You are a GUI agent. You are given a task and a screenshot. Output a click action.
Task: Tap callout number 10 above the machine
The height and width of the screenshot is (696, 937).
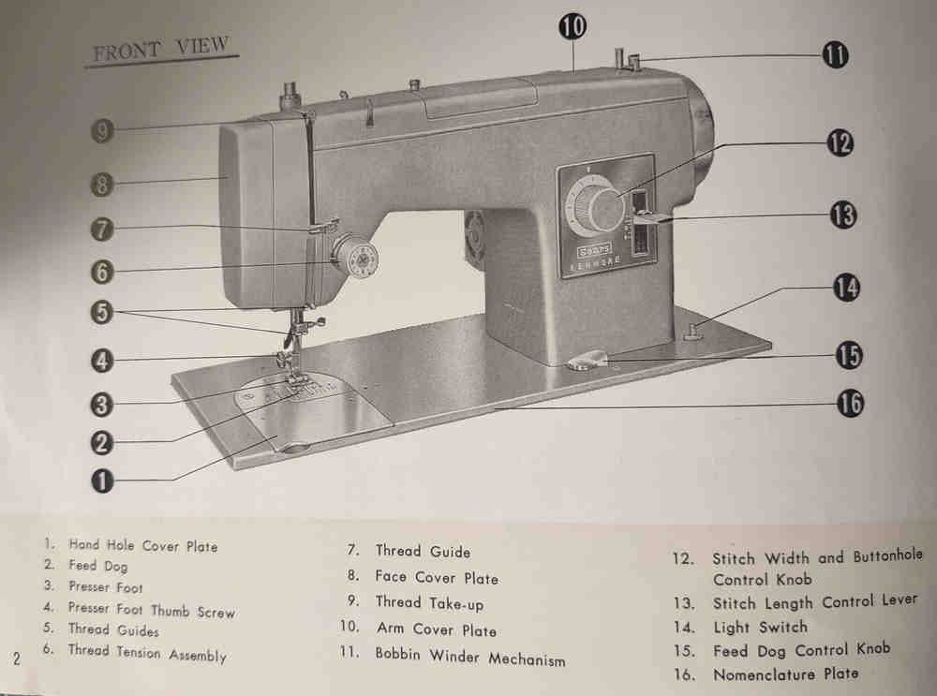573,26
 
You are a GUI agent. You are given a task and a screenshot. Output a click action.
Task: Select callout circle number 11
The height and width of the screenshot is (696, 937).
836,55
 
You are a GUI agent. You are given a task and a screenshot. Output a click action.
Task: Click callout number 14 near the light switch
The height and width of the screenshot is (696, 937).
846,288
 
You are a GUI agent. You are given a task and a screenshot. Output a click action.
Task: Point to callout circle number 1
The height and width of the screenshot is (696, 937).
102,481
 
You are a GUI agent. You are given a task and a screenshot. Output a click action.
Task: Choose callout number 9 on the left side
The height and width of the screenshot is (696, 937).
102,130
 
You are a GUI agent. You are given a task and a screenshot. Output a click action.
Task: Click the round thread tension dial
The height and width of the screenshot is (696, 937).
356,258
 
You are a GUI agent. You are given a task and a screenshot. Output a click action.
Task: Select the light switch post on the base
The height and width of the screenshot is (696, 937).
692,331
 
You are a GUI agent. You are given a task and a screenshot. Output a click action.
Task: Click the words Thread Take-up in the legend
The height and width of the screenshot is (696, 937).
429,603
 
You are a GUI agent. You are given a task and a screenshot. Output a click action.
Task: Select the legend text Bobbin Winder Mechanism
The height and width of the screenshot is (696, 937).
469,657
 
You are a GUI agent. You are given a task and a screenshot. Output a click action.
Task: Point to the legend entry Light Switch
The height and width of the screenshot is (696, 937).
760,628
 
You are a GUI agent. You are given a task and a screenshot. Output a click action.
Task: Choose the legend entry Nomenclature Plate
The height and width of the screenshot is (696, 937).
786,674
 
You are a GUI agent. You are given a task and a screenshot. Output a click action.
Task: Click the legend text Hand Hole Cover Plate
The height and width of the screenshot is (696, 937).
142,545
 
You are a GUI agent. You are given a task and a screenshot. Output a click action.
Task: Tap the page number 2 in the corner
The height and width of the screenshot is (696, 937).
17,659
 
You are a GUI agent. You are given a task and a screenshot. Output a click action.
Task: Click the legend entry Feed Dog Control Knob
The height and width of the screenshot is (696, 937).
801,650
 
